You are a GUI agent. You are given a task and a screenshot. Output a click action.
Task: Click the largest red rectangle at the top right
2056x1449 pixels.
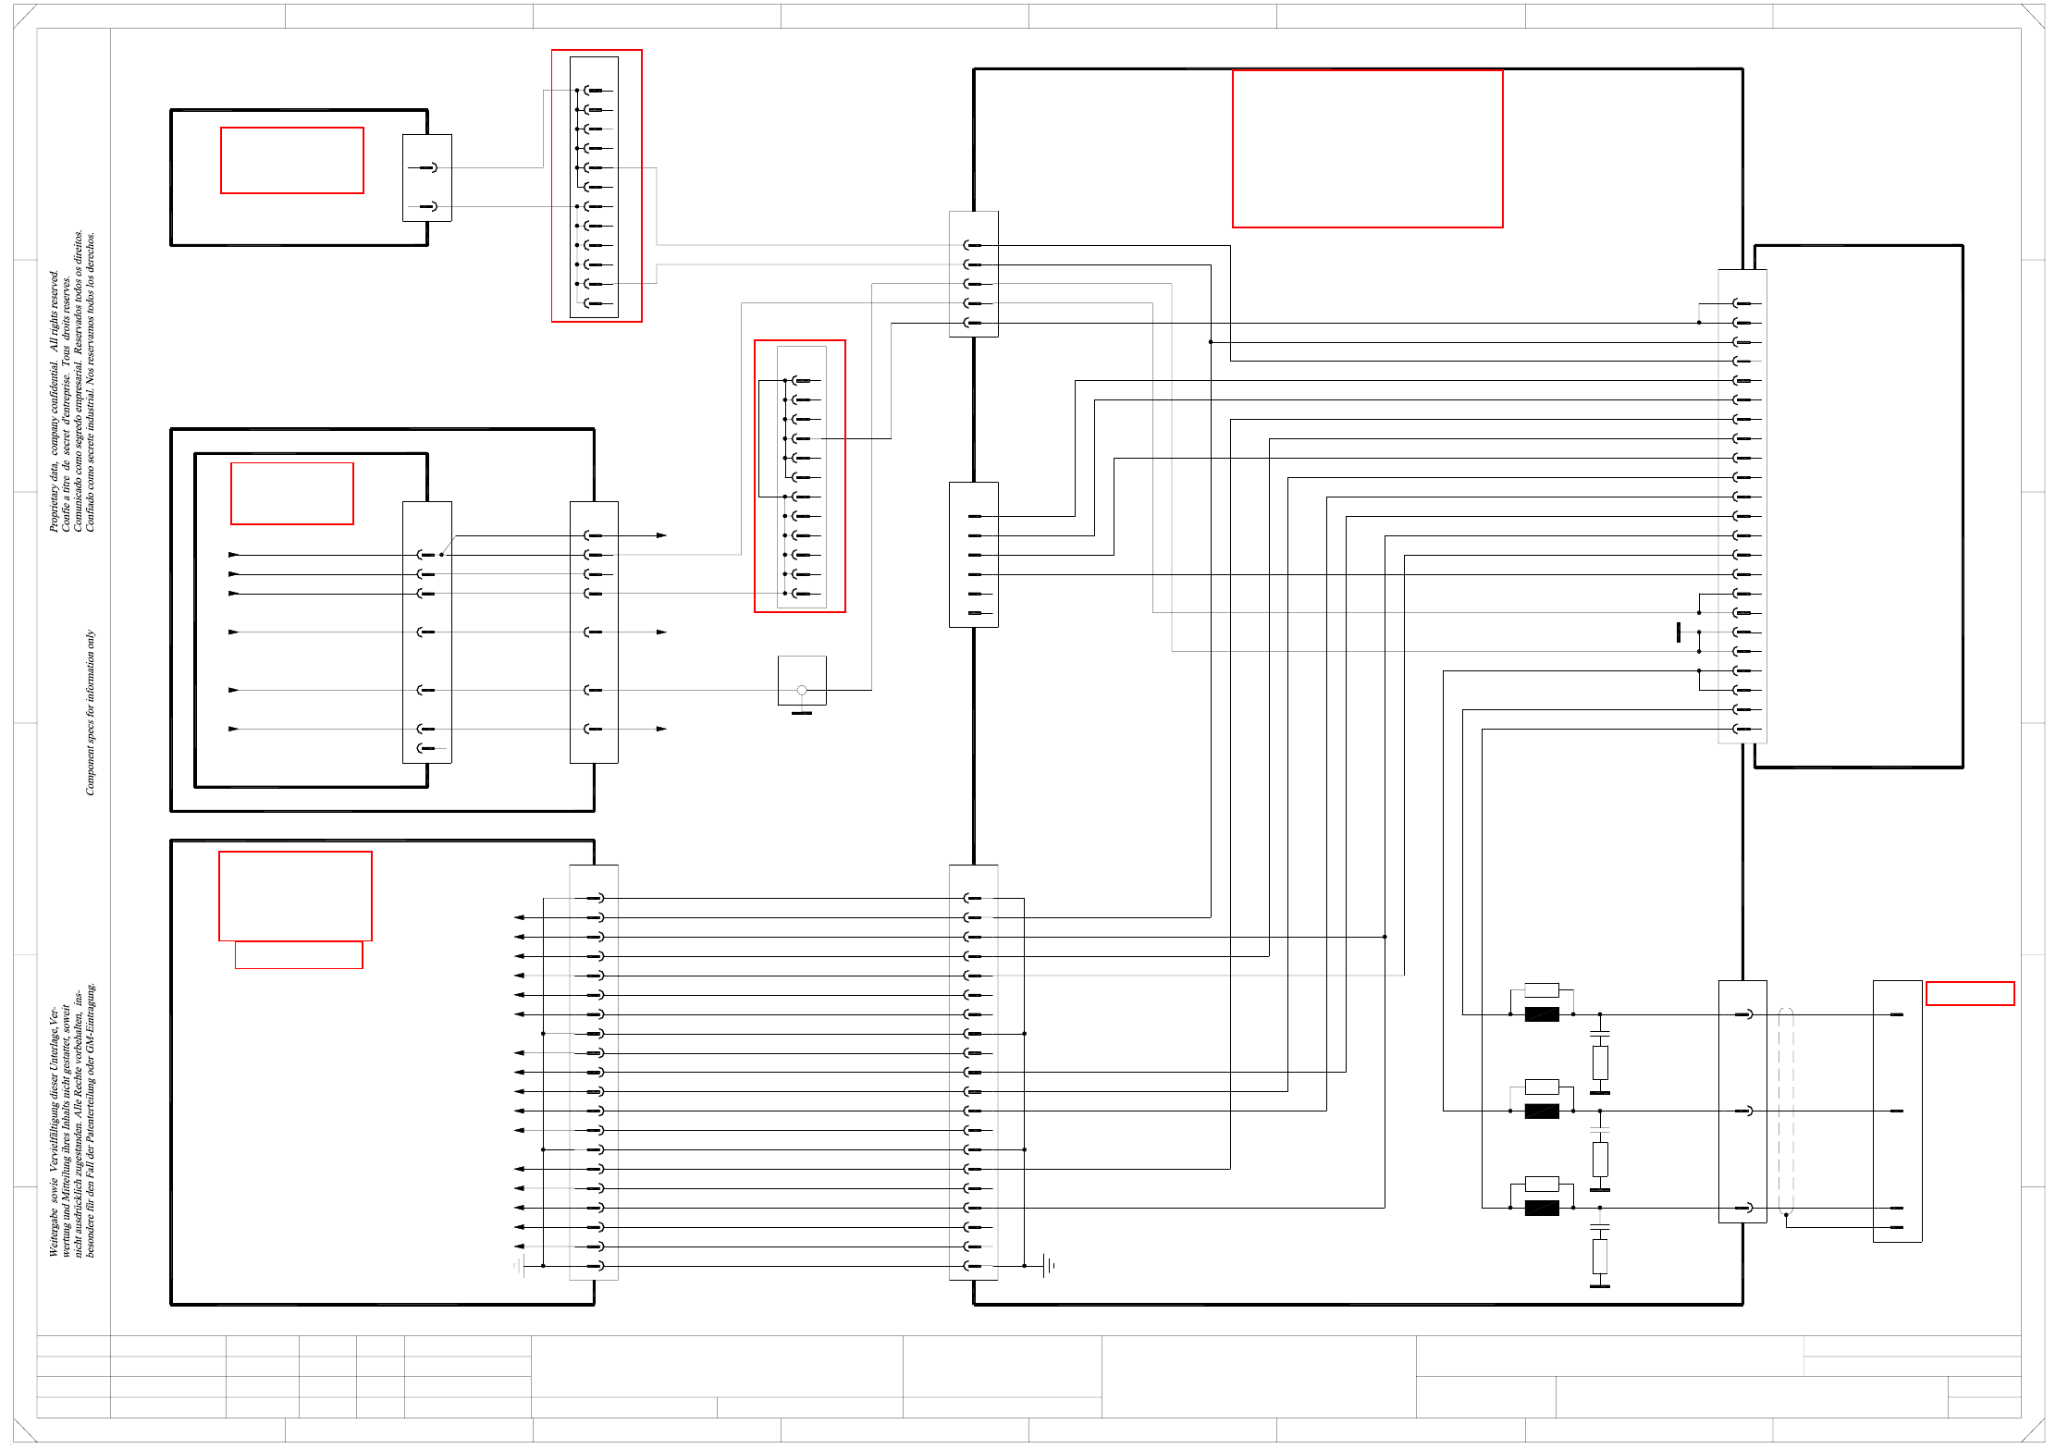click(1367, 149)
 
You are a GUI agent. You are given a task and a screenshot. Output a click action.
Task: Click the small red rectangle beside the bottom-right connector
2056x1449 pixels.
click(1969, 993)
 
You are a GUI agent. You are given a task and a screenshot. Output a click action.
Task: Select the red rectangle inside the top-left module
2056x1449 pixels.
click(291, 160)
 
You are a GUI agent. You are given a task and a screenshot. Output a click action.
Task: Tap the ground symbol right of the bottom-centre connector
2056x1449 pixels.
click(1048, 1265)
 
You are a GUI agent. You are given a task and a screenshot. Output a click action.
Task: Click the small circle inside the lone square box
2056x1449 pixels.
click(802, 690)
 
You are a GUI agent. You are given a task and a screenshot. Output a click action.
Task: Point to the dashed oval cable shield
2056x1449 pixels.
click(1786, 1111)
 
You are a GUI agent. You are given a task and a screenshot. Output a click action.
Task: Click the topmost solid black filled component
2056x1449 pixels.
click(1542, 1014)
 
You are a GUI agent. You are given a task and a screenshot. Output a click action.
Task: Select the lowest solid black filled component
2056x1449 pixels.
click(1542, 1208)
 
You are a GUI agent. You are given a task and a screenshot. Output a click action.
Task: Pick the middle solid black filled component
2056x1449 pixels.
click(1542, 1111)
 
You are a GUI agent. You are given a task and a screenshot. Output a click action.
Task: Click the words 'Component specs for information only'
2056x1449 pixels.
click(91, 712)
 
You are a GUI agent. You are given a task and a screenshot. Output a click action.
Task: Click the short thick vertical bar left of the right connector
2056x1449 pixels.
click(1679, 632)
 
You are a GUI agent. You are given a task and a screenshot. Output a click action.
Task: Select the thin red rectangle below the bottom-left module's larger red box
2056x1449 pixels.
click(299, 954)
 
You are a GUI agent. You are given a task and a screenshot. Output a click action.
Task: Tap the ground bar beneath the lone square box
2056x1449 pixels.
click(802, 713)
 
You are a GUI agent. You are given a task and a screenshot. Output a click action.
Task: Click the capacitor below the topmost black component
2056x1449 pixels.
click(1600, 1033)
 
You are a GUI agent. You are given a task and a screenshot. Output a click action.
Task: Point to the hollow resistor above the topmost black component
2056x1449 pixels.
click(1542, 989)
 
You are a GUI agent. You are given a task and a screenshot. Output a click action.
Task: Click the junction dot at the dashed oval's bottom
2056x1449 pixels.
click(1786, 1216)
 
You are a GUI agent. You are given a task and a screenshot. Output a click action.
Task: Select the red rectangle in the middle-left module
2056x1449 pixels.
click(291, 493)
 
